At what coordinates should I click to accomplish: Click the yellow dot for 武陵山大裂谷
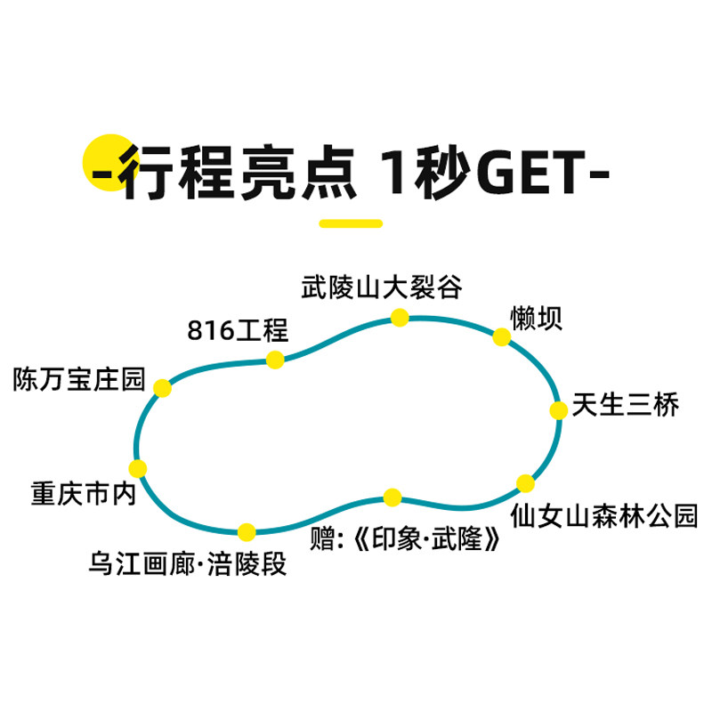coord(400,317)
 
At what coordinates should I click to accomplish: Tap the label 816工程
coord(238,330)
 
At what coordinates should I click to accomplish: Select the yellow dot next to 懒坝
coord(502,337)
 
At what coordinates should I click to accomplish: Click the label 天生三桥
coord(626,405)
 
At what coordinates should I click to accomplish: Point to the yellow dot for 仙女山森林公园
coord(526,483)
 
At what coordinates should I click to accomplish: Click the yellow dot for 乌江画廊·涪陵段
coord(247,532)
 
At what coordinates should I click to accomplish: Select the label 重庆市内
coord(84,494)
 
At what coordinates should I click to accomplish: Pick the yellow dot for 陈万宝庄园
coord(162,388)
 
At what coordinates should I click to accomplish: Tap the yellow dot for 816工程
coord(275,360)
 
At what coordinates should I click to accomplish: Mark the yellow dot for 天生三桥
coord(558,410)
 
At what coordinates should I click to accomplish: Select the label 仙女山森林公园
coord(604,516)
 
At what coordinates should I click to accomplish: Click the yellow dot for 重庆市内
coord(137,469)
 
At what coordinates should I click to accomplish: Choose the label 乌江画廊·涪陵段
coord(189,564)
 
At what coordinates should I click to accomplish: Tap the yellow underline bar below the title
coord(351,223)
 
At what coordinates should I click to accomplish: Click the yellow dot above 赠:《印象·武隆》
coord(392,497)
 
